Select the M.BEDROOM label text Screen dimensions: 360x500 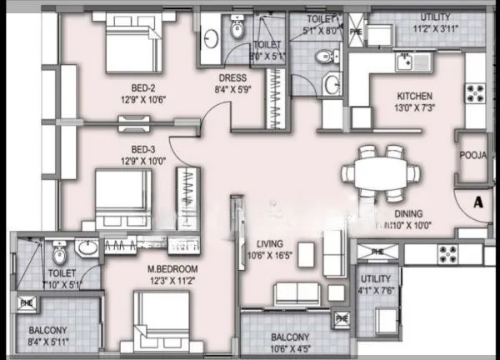[x=172, y=268]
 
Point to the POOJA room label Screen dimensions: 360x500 [x=472, y=155]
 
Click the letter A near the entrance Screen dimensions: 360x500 [x=477, y=201]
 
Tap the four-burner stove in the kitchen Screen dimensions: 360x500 [x=476, y=94]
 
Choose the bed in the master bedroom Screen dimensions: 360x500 [x=162, y=320]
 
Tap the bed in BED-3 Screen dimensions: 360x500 [x=122, y=197]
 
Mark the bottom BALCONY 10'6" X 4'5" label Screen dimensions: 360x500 [x=292, y=342]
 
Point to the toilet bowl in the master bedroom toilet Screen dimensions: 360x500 [x=58, y=250]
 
